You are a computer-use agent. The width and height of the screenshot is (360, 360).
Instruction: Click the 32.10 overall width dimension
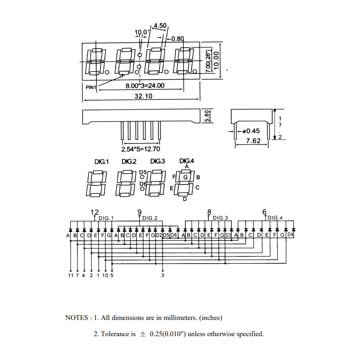pyautogui.click(x=143, y=96)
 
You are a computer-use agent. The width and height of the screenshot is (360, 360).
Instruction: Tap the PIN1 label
pyautogui.click(x=91, y=87)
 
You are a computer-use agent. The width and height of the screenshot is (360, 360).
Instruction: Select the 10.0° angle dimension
pyautogui.click(x=142, y=32)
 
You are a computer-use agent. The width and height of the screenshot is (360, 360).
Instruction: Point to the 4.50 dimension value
pyautogui.click(x=160, y=25)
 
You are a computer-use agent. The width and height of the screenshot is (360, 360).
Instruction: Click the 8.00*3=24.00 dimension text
pyautogui.click(x=145, y=85)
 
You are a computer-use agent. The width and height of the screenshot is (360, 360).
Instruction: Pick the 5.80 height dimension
pyautogui.click(x=207, y=116)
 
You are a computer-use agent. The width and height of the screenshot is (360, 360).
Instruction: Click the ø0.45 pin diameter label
pyautogui.click(x=251, y=131)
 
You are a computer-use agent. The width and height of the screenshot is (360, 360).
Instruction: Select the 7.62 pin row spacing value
pyautogui.click(x=253, y=140)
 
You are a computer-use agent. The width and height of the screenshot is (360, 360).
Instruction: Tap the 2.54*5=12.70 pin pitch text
pyautogui.click(x=140, y=149)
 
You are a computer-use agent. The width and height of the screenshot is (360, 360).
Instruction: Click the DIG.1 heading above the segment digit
pyautogui.click(x=102, y=162)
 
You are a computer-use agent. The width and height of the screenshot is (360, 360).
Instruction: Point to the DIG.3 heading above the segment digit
pyautogui.click(x=157, y=162)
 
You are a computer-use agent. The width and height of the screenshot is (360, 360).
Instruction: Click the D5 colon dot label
pyautogui.click(x=143, y=172)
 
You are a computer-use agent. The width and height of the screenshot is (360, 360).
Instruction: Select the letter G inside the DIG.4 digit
pyautogui.click(x=185, y=177)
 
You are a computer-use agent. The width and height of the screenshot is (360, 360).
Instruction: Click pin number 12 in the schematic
pyautogui.click(x=94, y=212)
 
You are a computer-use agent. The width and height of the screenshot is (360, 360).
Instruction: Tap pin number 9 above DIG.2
pyautogui.click(x=139, y=212)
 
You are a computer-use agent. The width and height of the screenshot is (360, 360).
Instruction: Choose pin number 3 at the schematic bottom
pyautogui.click(x=162, y=275)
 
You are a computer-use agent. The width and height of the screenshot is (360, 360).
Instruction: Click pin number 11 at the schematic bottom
pyautogui.click(x=71, y=275)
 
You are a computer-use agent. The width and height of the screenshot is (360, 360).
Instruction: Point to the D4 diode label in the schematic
pyautogui.click(x=290, y=234)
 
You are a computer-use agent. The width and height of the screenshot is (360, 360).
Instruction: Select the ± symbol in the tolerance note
pyautogui.click(x=143, y=334)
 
